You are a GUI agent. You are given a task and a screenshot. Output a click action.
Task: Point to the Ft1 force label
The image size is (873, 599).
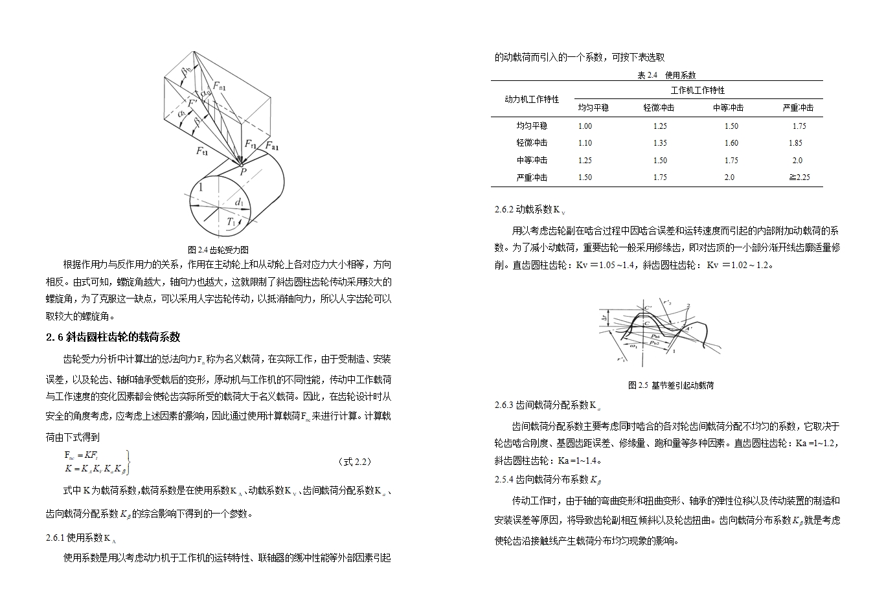tap(202, 151)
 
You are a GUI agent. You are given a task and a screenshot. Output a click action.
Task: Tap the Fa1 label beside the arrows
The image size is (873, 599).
tap(271, 147)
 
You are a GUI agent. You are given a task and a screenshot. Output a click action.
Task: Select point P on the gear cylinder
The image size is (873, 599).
tap(243, 172)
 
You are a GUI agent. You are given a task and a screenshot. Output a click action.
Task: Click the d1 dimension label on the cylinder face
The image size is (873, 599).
tap(240, 203)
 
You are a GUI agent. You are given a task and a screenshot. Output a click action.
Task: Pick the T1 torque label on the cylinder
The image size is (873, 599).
tap(232, 222)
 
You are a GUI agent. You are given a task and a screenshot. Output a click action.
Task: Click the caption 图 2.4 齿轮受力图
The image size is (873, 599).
tap(218, 249)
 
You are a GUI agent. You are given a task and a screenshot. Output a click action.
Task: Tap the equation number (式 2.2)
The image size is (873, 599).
tap(355, 462)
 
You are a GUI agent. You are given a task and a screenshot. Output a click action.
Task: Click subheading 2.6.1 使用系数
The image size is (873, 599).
tap(81, 537)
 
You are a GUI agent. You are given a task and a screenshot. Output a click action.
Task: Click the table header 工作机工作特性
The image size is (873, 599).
tap(697, 91)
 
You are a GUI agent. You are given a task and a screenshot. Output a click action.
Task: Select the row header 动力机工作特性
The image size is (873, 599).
tap(532, 99)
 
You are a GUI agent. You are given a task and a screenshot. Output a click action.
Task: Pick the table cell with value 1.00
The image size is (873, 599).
tap(585, 126)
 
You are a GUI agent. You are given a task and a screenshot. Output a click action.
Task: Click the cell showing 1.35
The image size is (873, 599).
tap(660, 143)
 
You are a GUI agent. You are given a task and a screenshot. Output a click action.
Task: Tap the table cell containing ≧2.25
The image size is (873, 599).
tap(799, 177)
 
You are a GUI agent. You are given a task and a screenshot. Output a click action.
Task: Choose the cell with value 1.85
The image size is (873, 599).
tap(795, 143)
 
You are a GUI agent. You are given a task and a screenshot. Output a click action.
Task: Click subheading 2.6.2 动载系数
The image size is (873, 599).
tap(530, 210)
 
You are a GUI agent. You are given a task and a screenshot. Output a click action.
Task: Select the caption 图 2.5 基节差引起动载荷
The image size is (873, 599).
tap(671, 385)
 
